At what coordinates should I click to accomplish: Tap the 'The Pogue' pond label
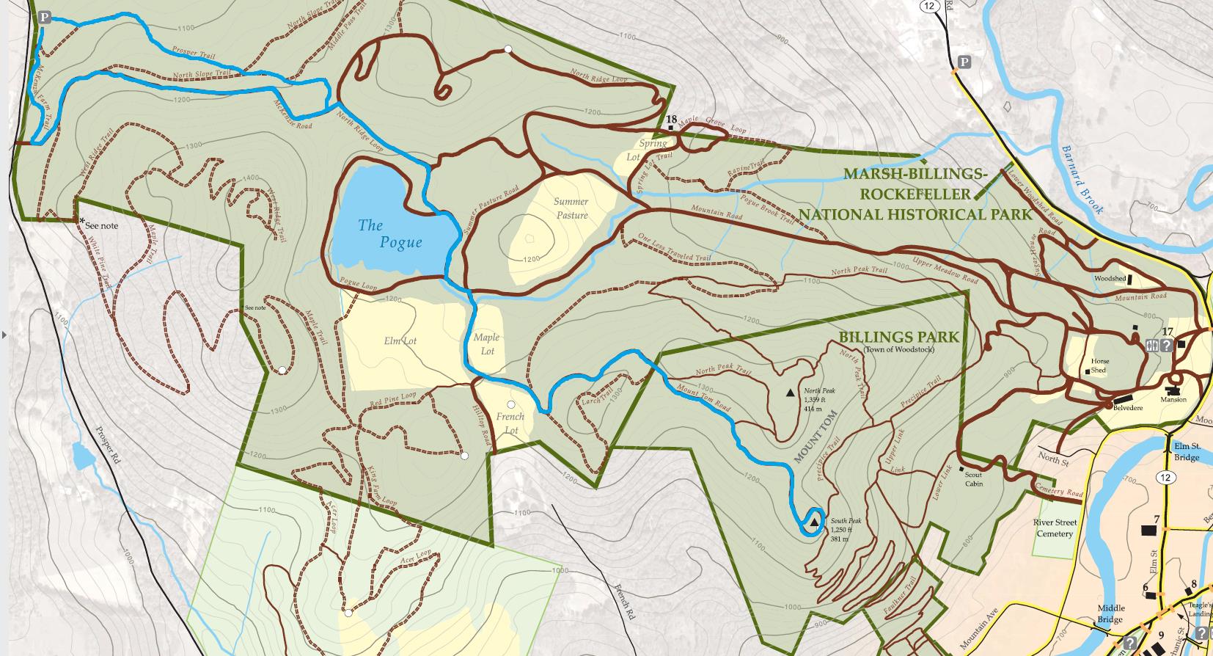point(389,233)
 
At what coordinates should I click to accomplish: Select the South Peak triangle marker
point(813,523)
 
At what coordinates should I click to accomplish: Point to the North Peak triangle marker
point(791,393)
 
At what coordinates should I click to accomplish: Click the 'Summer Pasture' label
point(571,208)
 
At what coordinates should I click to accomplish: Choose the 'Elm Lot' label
point(400,340)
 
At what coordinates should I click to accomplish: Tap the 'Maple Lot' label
point(486,343)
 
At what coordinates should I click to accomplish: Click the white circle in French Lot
point(511,405)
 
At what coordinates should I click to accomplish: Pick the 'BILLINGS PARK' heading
point(898,337)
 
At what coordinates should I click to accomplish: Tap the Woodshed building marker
point(1129,280)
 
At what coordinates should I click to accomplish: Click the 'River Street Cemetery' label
point(1055,528)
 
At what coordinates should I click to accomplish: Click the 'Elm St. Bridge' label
point(1186,451)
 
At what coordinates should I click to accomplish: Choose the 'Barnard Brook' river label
point(1082,179)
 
